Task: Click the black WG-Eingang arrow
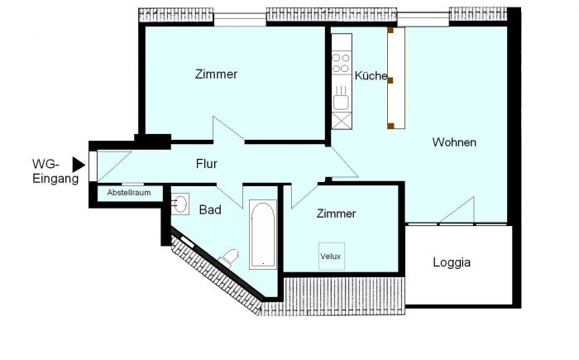point(78,165)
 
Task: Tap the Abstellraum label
point(129,193)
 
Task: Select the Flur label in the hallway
point(207,163)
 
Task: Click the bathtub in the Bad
point(263,234)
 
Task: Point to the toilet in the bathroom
point(229,257)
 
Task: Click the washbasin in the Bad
point(179,204)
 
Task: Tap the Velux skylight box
point(331,256)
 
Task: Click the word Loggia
point(452,263)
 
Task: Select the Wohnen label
point(454,142)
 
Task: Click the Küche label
point(371,76)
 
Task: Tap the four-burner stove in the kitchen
point(341,63)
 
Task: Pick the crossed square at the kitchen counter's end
point(341,121)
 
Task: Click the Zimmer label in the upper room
point(216,74)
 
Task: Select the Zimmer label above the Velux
point(336,214)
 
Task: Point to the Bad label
point(210,210)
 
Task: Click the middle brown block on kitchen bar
point(390,80)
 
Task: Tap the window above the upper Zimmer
point(240,19)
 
